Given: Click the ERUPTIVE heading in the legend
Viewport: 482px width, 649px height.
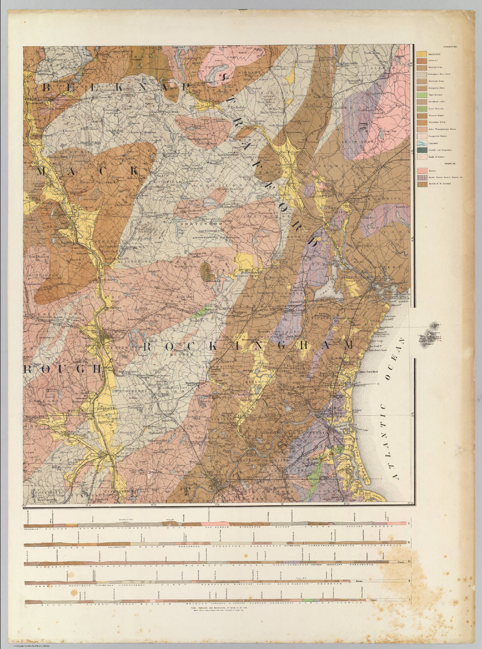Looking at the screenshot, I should (450, 164).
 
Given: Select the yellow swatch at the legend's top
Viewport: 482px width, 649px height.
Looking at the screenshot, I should (422, 54).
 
